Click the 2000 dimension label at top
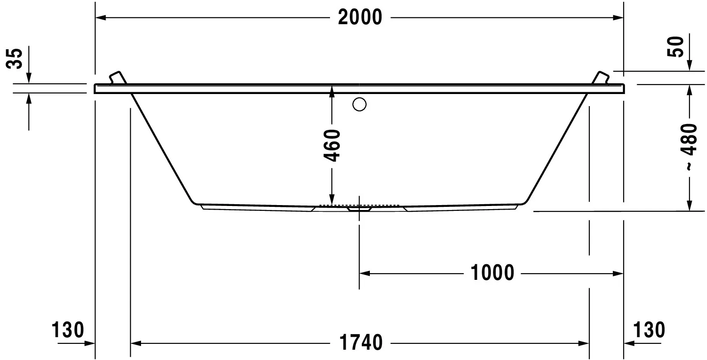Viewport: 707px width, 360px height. coord(360,17)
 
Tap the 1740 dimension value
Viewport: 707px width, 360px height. coord(361,343)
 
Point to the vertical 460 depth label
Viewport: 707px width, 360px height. coord(332,145)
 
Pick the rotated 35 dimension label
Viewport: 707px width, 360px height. coord(15,58)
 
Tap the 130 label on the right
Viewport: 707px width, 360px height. coord(649,330)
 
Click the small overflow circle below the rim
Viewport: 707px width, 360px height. coord(360,105)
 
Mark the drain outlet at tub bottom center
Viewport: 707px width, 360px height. coord(359,209)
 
